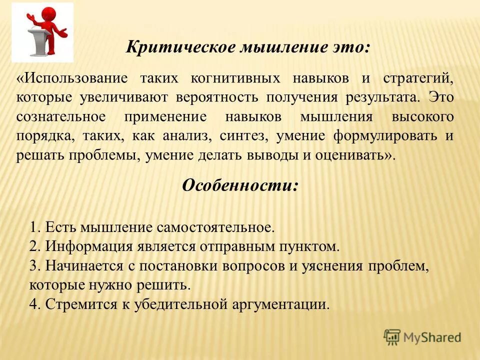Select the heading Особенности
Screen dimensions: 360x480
240,185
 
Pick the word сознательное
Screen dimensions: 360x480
60,116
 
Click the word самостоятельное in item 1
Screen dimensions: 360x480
215,227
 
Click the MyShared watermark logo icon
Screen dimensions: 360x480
392,337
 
